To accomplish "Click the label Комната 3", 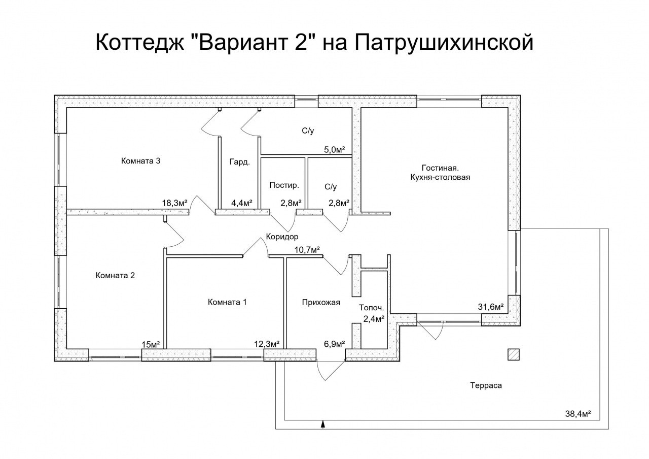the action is pos(141,161).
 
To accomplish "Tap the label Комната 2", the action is pos(115,276).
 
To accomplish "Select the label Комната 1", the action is pos(227,302).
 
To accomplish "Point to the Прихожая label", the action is pos(320,302).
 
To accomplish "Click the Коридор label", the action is pos(282,237).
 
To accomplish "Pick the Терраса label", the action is pos(485,385).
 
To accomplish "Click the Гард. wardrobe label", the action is pos(239,162).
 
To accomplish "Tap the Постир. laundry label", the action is pos(280,186).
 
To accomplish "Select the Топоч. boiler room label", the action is pos(371,307).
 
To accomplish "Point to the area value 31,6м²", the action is pos(491,307).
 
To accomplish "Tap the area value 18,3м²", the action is pos(174,203).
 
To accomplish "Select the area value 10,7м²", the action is pos(307,249).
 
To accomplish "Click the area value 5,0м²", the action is pos(335,149).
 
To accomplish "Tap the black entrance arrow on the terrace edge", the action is pos(323,424).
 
